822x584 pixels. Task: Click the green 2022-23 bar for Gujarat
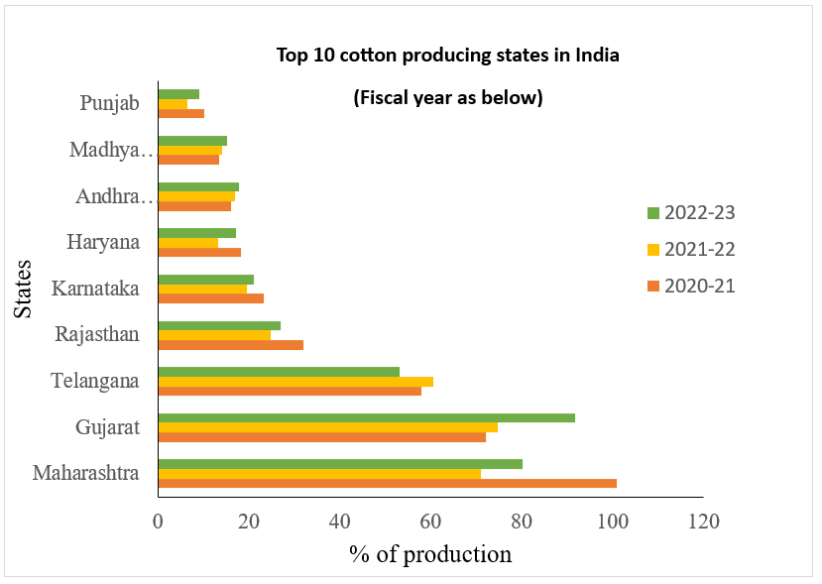[366, 417]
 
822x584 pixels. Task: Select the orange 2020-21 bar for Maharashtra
[387, 484]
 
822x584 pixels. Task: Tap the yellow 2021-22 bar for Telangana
[295, 382]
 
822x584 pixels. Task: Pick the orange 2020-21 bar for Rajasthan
[230, 345]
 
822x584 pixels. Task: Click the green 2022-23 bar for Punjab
[178, 94]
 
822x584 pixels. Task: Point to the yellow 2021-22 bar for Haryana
[187, 243]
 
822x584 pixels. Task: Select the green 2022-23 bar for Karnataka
[205, 280]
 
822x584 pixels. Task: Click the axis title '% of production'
[430, 553]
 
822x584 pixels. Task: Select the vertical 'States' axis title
[25, 289]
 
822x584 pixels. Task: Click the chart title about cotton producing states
[447, 55]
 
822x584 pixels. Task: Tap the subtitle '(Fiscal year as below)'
[448, 98]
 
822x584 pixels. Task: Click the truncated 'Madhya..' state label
[112, 151]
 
